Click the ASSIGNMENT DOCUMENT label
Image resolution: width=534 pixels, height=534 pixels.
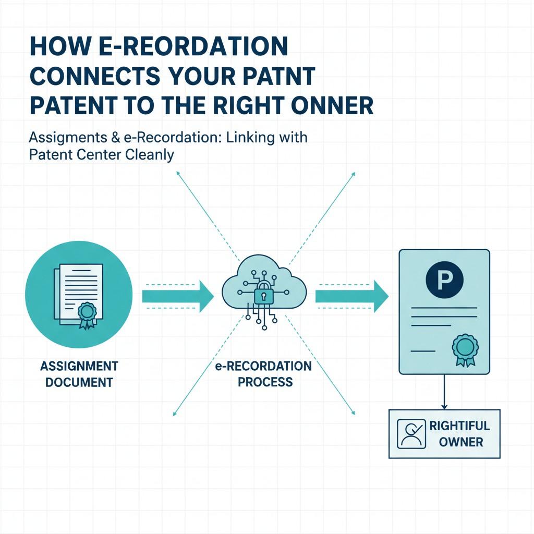pyautogui.click(x=79, y=374)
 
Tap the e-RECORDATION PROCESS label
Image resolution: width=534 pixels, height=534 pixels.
pyautogui.click(x=263, y=374)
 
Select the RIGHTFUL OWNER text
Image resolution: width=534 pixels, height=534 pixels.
pyautogui.click(x=459, y=434)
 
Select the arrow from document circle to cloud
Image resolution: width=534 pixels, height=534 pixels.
pyautogui.click(x=178, y=297)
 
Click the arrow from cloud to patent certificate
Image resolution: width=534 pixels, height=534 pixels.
pyautogui.click(x=351, y=297)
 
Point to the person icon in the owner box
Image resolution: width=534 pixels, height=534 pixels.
pyautogui.click(x=411, y=434)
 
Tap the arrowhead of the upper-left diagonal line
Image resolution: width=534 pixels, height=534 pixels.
pyautogui.click(x=178, y=173)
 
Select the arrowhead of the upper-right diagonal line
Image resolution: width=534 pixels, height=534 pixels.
pyautogui.click(x=354, y=173)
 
